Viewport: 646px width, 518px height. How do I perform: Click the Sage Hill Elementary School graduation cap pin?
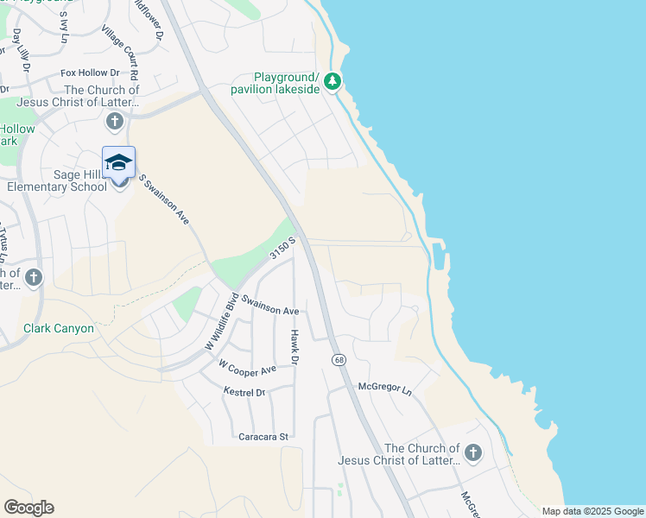[x=118, y=162]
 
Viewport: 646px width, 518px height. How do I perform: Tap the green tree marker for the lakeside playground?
[x=333, y=83]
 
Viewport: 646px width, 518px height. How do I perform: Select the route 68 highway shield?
[x=336, y=358]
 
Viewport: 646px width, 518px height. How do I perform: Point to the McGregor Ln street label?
[x=385, y=388]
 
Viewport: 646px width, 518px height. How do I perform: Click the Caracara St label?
[x=263, y=438]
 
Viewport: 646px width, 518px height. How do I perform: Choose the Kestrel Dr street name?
[x=244, y=392]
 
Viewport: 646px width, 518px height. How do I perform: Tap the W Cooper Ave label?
[x=247, y=368]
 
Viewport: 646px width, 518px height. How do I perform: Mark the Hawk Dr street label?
[x=294, y=346]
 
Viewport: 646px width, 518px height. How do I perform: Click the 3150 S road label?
[x=282, y=249]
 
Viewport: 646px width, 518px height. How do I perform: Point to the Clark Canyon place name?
[x=59, y=329]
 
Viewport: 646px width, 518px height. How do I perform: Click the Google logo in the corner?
[x=29, y=508]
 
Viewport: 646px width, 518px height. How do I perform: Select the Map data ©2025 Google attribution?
[x=592, y=511]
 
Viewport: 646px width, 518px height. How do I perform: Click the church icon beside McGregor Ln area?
[x=472, y=452]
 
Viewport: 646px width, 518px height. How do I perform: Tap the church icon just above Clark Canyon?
[x=33, y=277]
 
